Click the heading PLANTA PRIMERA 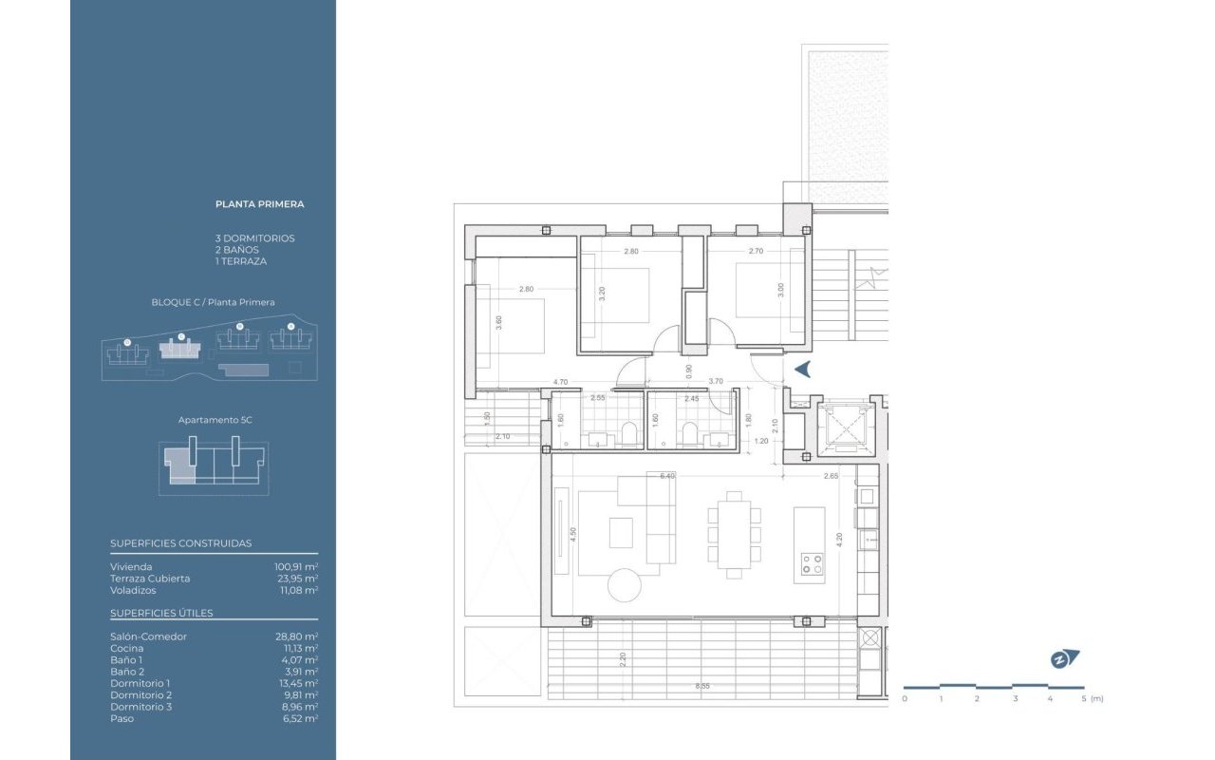[x=259, y=204]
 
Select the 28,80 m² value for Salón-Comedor [x=296, y=636]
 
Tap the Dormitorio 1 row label [x=140, y=683]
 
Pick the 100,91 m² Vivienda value [x=296, y=566]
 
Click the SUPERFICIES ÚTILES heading [x=161, y=613]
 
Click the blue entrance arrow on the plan [x=803, y=370]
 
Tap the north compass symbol [x=1065, y=659]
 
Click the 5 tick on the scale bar [x=1084, y=698]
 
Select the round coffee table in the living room [x=625, y=585]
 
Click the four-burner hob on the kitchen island [x=812, y=564]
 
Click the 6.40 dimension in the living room [x=667, y=476]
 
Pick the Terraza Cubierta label [x=150, y=578]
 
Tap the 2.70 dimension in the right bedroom [x=757, y=252]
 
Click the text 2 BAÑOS [x=237, y=250]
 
